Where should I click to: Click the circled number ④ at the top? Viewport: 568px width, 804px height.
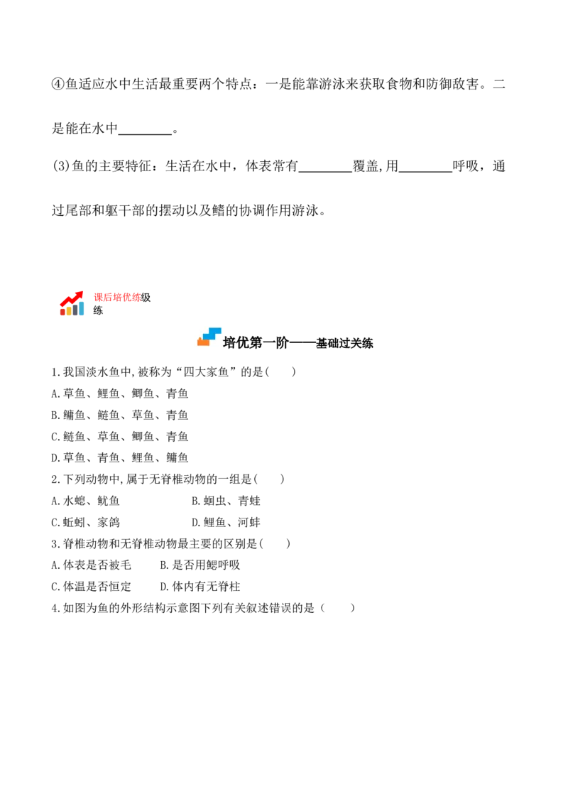(58, 84)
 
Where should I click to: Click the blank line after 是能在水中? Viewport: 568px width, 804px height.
(145, 134)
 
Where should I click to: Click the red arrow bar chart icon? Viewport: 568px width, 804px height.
(71, 303)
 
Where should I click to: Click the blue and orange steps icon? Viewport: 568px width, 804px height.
(209, 337)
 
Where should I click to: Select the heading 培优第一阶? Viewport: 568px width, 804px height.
(256, 342)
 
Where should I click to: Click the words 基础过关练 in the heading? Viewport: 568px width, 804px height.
(344, 344)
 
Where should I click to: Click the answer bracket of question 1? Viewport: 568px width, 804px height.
(280, 371)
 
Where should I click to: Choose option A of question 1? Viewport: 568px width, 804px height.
(120, 393)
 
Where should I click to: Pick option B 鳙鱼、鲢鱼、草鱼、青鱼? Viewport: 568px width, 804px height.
(120, 415)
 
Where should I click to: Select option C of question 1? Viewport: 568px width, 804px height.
(120, 436)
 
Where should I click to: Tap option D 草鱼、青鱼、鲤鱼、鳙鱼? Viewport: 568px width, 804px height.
(120, 457)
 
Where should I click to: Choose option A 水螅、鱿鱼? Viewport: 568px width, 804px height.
(86, 501)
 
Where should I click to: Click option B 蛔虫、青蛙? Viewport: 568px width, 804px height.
(226, 501)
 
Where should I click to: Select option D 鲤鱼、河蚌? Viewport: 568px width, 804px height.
(226, 522)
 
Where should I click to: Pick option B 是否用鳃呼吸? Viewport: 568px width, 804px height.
(200, 565)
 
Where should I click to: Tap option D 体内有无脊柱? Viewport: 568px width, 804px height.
(200, 587)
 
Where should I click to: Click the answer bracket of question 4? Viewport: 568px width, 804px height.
(338, 608)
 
